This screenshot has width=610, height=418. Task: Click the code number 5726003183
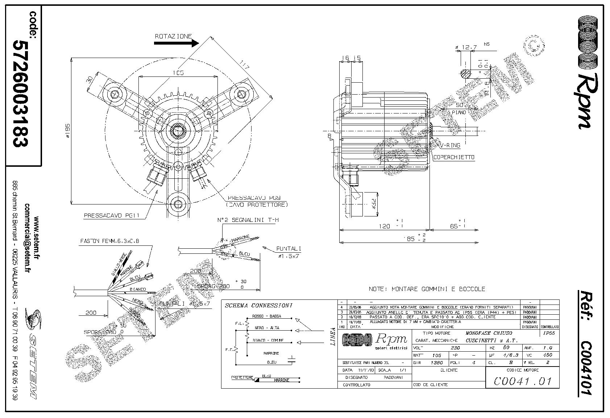20,93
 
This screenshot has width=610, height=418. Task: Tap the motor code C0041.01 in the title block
522,381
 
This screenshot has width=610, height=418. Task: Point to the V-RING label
450,145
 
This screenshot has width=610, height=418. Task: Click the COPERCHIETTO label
453,157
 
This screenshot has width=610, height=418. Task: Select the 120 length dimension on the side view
384,227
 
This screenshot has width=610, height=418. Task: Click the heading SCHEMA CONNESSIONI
259,306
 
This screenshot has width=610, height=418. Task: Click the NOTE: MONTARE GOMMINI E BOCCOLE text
427,289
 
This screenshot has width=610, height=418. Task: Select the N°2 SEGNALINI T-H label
248,220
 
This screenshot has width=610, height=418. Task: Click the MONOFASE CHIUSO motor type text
489,333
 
